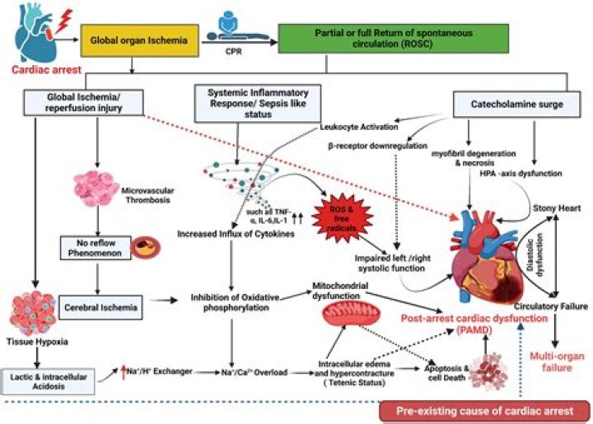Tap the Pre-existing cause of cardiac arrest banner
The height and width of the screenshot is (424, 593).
click(484, 409)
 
